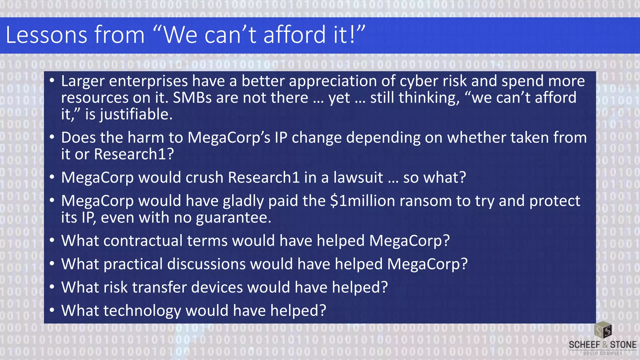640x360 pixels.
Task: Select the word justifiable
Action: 136,114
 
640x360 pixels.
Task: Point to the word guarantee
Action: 233,217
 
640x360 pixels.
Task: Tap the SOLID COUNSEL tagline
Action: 602,353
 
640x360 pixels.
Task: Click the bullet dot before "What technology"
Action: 52,310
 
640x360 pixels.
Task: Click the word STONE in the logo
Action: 623,345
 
